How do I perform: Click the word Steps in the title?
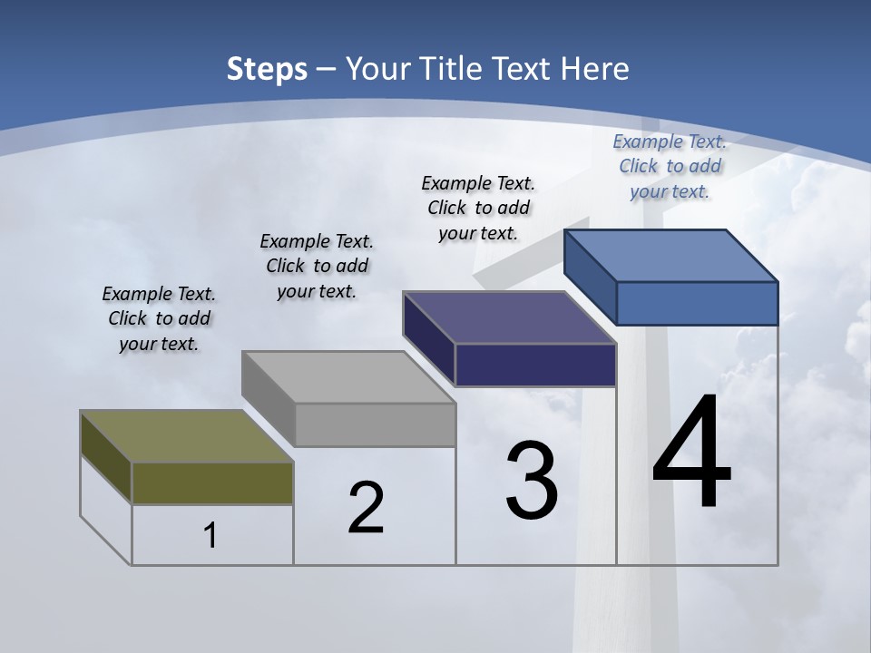[267, 69]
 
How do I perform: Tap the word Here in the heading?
[595, 69]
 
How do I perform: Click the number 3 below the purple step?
[532, 481]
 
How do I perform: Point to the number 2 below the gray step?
[366, 508]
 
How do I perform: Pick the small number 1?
[210, 535]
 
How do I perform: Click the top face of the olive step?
[186, 436]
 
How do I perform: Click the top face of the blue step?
[670, 255]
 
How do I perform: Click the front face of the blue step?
[697, 303]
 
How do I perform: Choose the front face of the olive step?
[212, 482]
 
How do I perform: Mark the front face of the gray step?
[375, 424]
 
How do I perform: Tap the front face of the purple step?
[535, 365]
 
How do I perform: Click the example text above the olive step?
[159, 319]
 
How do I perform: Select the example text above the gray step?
[317, 266]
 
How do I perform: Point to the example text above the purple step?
[478, 208]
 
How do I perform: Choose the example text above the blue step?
[670, 166]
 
